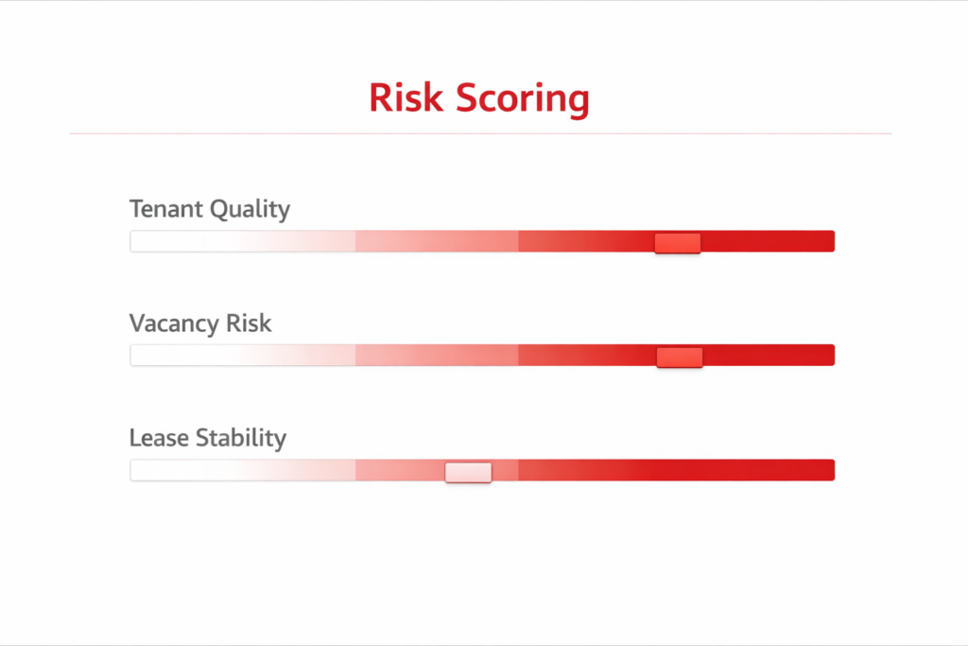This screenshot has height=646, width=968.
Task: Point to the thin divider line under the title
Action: tap(480, 133)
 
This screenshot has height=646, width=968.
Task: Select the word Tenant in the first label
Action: tap(165, 209)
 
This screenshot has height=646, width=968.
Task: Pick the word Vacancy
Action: tap(174, 324)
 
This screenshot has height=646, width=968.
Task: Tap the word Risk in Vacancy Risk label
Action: tap(249, 323)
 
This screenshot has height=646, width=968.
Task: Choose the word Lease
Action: tap(159, 438)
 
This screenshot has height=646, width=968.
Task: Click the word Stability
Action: tap(241, 439)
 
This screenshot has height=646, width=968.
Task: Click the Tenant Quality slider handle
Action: tap(677, 243)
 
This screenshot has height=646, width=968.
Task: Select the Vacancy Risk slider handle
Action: tap(680, 357)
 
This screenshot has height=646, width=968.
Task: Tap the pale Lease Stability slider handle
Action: tap(468, 472)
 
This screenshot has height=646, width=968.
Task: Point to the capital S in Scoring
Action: tap(468, 99)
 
